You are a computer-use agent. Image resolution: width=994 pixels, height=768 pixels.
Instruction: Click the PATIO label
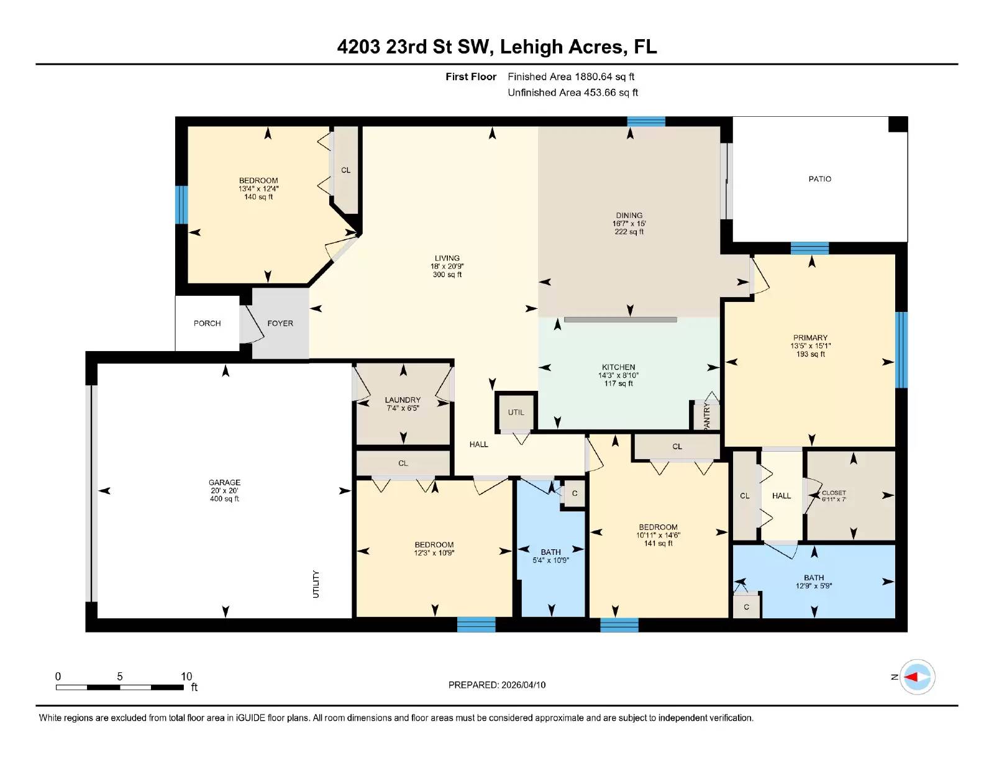coord(819,179)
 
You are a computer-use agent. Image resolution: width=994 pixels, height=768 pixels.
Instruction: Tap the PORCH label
coord(207,323)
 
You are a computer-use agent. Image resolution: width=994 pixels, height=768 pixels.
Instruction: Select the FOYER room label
coord(280,323)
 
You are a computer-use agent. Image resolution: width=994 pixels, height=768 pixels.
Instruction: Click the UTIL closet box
coord(516,412)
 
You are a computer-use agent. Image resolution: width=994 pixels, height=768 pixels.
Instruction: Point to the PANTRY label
coord(706,416)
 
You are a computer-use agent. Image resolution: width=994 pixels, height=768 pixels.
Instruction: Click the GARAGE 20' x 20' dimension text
coord(224,490)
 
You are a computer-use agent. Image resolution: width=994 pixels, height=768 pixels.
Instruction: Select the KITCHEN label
coord(618,367)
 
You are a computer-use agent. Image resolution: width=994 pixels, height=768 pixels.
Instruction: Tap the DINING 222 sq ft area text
coord(629,232)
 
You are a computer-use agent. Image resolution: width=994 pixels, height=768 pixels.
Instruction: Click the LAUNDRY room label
coord(403,400)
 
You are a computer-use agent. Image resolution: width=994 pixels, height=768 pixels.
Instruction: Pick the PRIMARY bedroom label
coord(810,338)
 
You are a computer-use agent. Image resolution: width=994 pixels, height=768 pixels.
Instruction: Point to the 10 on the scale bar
coord(186,676)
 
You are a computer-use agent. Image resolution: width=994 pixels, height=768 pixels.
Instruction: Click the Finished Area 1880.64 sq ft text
coord(571,76)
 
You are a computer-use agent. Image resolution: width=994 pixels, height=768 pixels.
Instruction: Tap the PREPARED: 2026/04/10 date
coord(497,685)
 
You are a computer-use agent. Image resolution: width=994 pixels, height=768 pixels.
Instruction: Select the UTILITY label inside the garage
coord(316,584)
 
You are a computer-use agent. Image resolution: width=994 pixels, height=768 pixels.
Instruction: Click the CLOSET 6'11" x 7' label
coord(834,495)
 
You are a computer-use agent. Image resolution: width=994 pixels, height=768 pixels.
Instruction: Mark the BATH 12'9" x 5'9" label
coord(814,582)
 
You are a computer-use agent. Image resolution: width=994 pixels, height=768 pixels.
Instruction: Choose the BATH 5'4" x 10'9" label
coord(550,555)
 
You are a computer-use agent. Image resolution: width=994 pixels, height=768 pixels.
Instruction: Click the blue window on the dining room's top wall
coord(646,121)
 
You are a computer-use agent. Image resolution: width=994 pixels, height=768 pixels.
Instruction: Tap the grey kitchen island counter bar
coord(620,320)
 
